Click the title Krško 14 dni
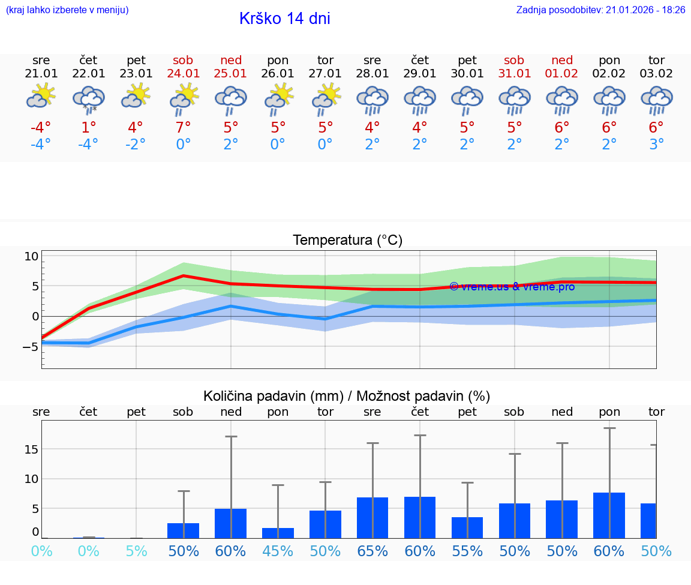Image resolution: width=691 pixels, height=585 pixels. pos(284,19)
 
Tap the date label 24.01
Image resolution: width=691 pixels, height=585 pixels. pos(183,74)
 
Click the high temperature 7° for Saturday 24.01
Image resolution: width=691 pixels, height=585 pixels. pos(183,128)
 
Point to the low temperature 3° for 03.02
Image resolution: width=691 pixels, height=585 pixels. pos(656,145)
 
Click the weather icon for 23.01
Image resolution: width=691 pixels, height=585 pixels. pos(136,96)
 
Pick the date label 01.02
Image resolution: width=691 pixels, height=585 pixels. pos(562,74)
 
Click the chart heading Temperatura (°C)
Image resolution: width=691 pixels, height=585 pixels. pos(347,241)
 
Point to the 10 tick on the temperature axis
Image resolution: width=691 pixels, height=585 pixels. pos(31,256)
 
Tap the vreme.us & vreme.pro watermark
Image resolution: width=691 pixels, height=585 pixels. pos(512,287)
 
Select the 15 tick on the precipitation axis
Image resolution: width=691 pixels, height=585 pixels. pos(31,449)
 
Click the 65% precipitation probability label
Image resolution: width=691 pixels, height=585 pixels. pos(372,551)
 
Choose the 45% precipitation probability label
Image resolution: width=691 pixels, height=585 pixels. pos(278,551)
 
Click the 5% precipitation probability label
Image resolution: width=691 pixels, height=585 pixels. pos(136,551)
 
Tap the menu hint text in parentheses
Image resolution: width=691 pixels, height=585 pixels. pos(67,10)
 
